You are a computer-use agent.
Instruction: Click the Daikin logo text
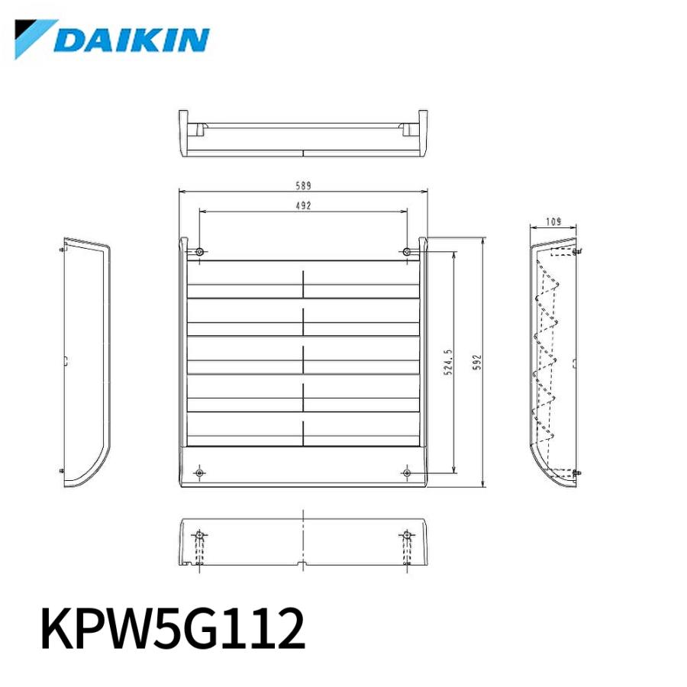coord(132,40)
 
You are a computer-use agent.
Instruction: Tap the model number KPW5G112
coord(173,628)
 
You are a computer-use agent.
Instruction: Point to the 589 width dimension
coord(304,185)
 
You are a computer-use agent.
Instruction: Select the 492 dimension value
coord(304,205)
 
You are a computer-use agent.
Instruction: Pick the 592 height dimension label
coord(476,363)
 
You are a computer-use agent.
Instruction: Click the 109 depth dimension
coord(553,221)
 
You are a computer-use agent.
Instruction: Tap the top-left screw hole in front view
coord(199,252)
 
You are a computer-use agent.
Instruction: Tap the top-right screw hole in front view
coord(407,252)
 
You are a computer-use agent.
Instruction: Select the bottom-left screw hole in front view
coord(199,473)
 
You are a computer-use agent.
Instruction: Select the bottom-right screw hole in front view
coord(407,473)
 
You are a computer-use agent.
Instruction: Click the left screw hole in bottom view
coord(199,534)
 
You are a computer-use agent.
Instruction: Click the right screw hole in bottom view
coord(407,534)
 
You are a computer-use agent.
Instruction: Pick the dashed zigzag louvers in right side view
coord(548,351)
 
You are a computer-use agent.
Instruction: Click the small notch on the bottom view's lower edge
coord(303,565)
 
